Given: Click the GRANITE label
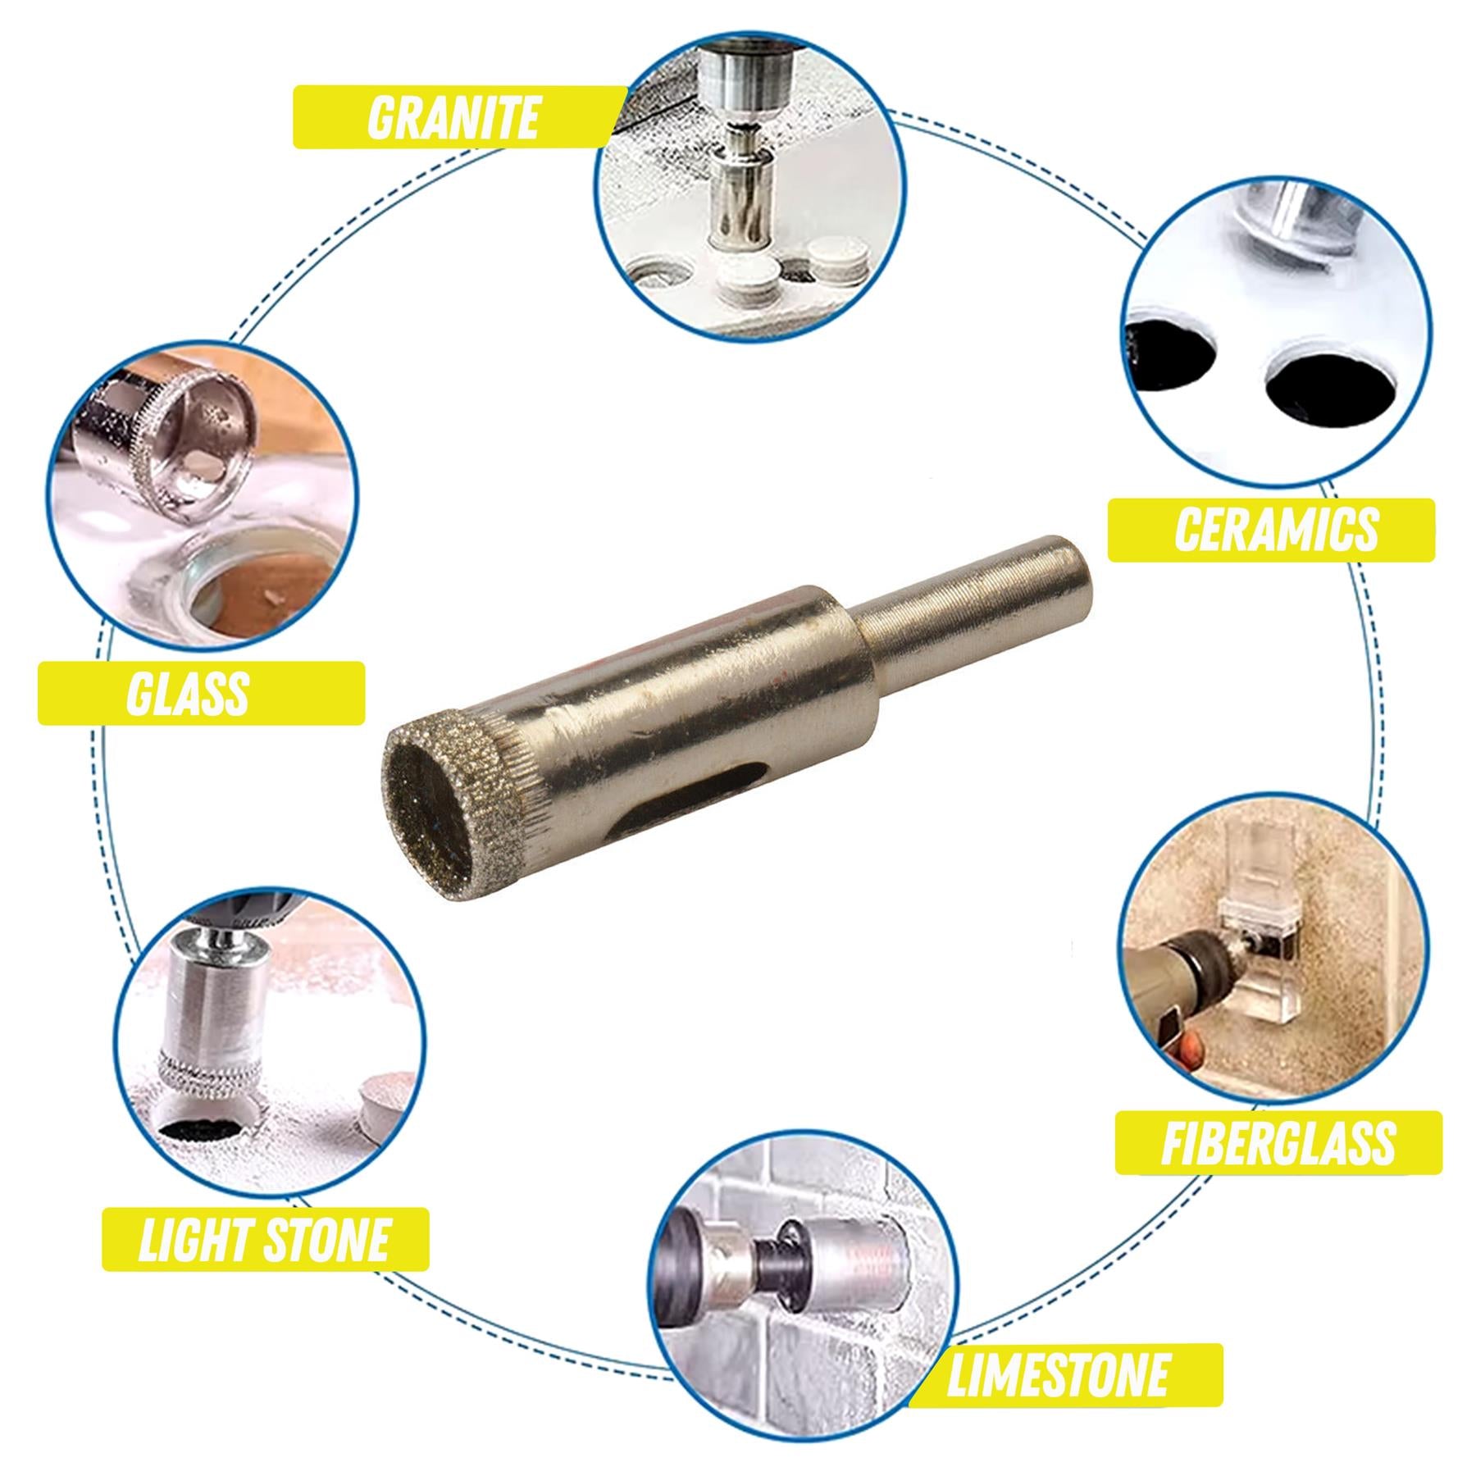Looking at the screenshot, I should coord(453,117).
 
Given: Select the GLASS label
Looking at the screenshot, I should coord(189,693).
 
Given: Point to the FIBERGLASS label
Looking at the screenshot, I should coord(1278,1142).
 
